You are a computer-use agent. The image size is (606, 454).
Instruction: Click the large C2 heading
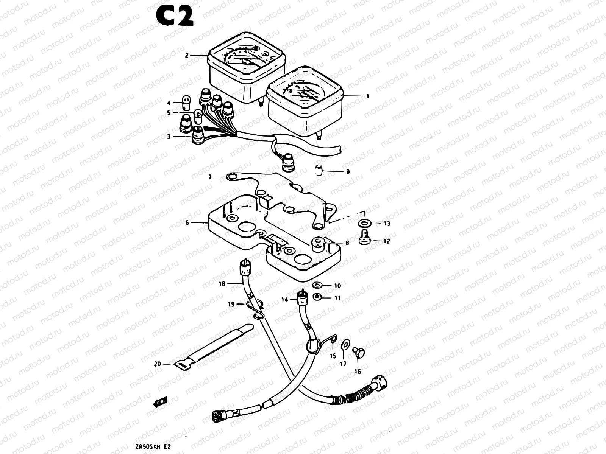point(175,17)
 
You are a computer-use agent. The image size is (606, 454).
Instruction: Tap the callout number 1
point(367,96)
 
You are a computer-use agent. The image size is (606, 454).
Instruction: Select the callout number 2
point(187,56)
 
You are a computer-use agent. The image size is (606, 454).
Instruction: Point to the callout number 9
point(347,171)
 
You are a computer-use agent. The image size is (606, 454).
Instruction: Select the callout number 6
point(187,223)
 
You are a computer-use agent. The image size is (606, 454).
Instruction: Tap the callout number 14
point(284,299)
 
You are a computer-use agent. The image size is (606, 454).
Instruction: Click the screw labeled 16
point(358,353)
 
